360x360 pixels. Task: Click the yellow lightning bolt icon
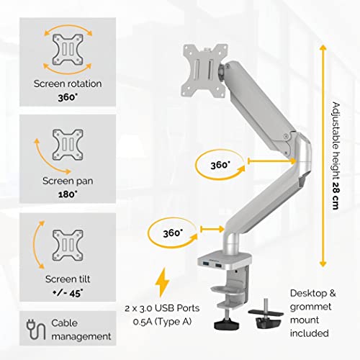165,282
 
